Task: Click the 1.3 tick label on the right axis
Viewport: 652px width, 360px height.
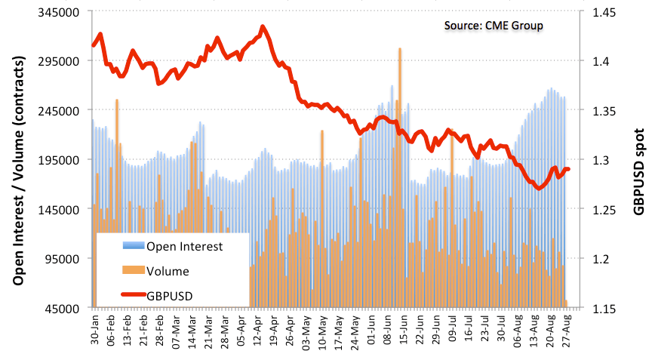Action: click(x=601, y=160)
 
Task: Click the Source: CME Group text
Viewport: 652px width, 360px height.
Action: click(x=494, y=25)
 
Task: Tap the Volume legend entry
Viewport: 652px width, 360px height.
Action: click(x=168, y=271)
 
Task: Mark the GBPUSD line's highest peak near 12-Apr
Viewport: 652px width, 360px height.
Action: click(x=262, y=26)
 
